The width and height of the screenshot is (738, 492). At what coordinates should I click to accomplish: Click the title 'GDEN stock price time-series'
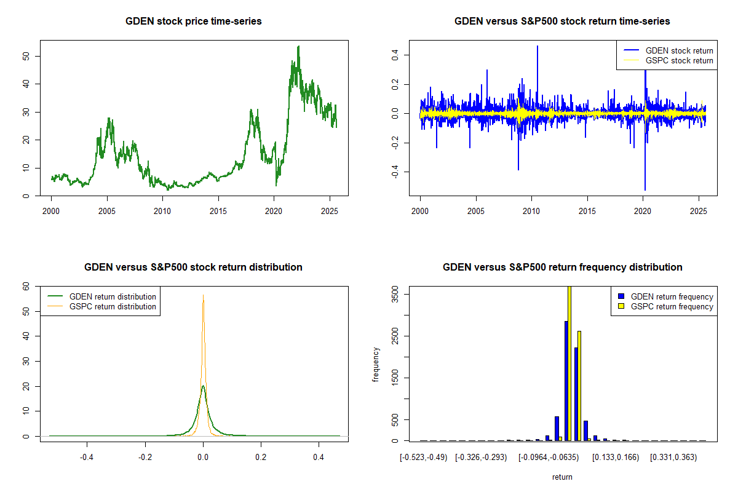pos(194,22)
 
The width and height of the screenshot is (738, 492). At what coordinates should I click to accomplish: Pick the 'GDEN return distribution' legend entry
pos(113,296)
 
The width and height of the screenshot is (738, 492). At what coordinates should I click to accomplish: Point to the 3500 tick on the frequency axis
pos(394,295)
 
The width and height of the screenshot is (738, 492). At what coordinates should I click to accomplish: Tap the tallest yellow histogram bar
pos(569,363)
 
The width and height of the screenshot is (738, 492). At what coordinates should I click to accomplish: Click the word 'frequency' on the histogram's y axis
pos(376,365)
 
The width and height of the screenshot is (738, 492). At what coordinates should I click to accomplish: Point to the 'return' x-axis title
pos(562,477)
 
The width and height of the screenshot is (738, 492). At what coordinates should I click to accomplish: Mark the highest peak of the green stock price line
pos(298,46)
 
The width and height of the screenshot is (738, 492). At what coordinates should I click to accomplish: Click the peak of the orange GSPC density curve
pos(203,295)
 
